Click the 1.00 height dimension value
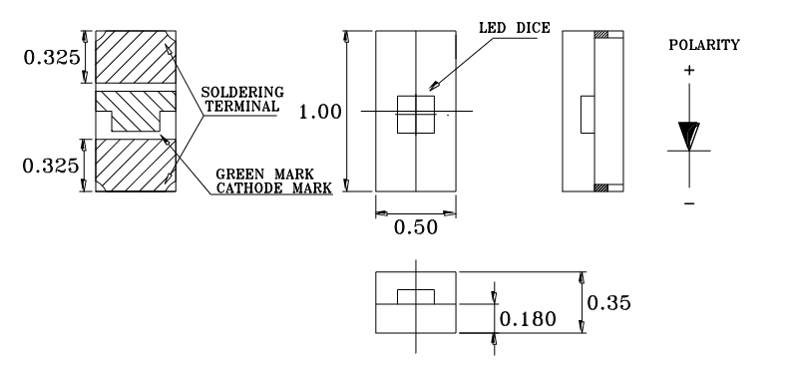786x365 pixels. click(320, 112)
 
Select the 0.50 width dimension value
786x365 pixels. click(416, 227)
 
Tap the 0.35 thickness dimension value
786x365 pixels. click(608, 303)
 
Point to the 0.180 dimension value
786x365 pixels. click(528, 319)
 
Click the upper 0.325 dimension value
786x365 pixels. click(52, 57)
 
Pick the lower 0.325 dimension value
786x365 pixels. click(51, 166)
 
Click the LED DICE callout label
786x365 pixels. click(515, 28)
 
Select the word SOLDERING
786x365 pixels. click(242, 93)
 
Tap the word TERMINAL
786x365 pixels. click(242, 106)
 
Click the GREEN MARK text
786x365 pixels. click(264, 174)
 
